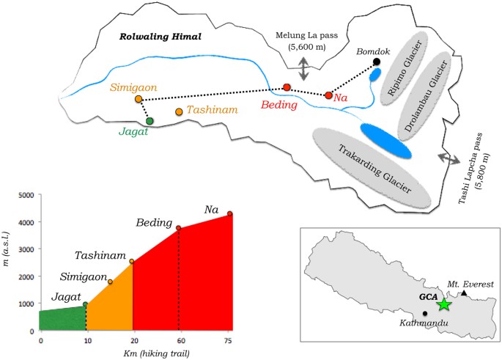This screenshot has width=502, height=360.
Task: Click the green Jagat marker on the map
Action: (150, 121)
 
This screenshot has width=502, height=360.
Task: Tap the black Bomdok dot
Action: (377, 62)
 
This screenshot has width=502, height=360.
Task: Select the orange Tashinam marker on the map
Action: (179, 111)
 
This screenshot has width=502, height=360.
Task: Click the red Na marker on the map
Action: (328, 95)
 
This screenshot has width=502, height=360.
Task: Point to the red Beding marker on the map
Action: (287, 87)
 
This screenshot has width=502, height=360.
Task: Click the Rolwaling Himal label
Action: (160, 37)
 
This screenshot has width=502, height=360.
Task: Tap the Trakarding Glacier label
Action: (375, 169)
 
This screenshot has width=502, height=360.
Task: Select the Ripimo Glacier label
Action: (404, 68)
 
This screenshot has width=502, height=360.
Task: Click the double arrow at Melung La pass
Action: (303, 70)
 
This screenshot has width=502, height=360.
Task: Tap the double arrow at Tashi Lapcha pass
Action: (449, 159)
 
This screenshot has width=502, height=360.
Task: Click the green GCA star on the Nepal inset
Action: (443, 304)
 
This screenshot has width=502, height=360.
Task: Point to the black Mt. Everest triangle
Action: (464, 293)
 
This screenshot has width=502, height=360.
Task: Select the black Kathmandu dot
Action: (425, 313)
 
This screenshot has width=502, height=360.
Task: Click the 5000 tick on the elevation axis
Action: (27, 195)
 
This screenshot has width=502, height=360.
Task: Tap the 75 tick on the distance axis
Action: (228, 341)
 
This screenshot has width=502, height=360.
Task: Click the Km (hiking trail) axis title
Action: (157, 353)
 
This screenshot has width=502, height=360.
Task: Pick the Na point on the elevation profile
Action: (230, 213)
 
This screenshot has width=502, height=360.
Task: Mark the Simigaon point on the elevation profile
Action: (110, 282)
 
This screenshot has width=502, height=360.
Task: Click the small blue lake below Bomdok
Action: (375, 75)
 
